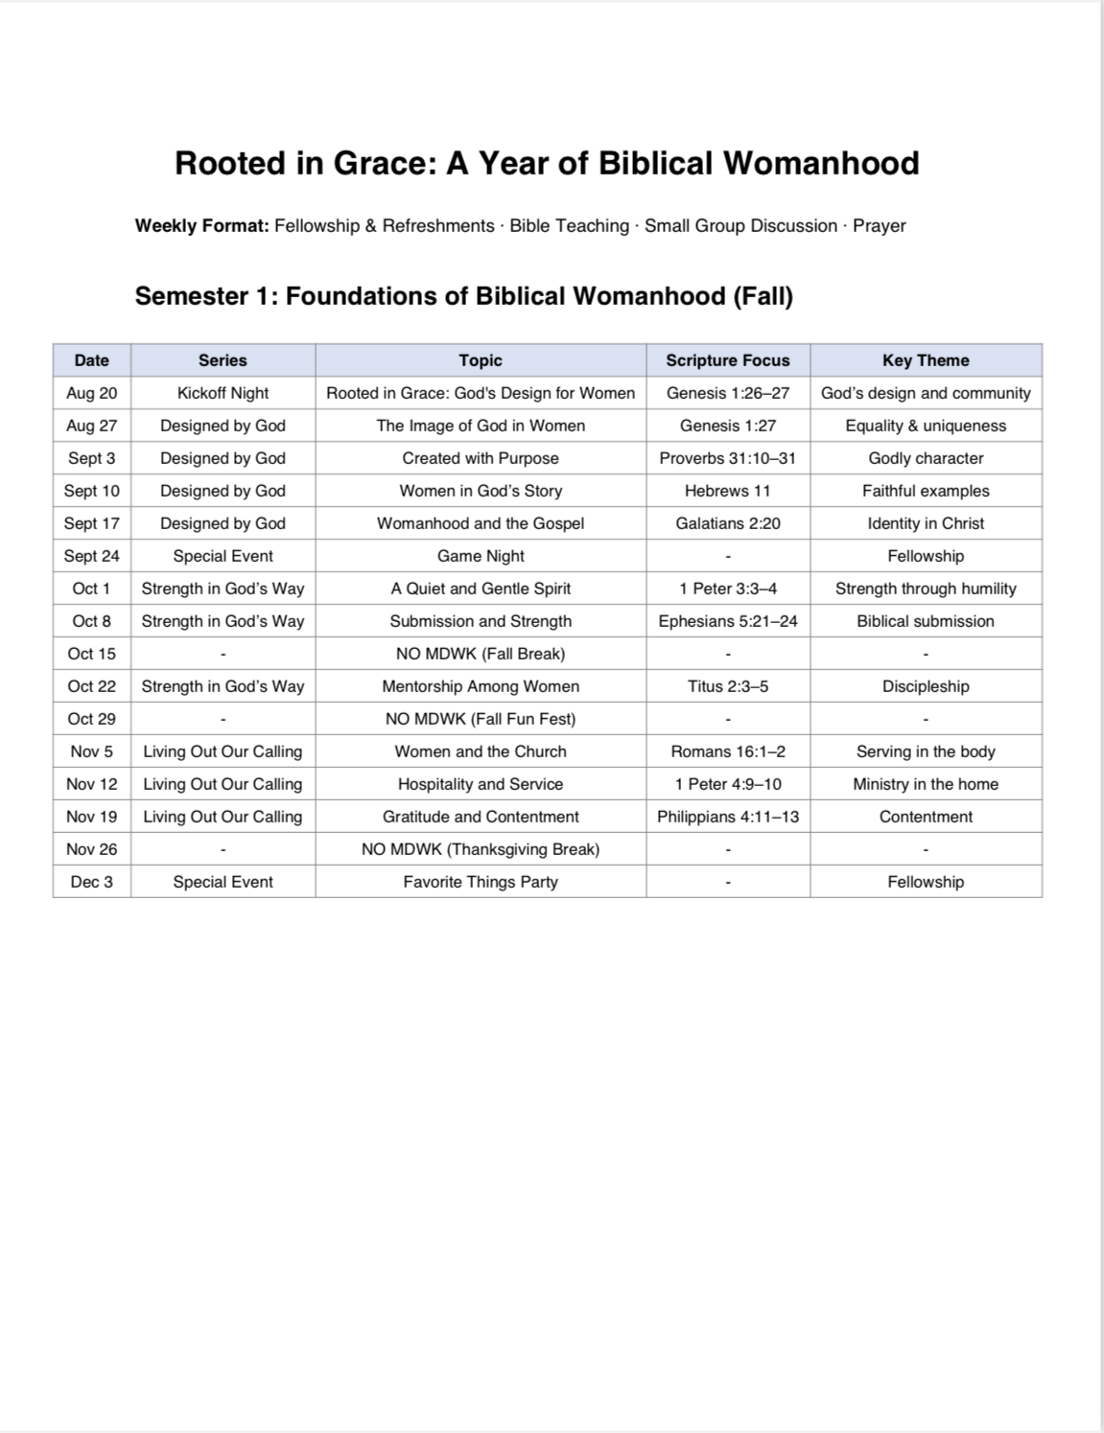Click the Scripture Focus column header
pyautogui.click(x=728, y=360)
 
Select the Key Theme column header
pyautogui.click(x=926, y=360)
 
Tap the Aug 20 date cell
pyautogui.click(x=92, y=393)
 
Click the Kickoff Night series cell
pyautogui.click(x=223, y=393)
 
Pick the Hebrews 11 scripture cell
pyautogui.click(x=728, y=491)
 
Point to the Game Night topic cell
pyautogui.click(x=481, y=556)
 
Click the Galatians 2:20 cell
pyautogui.click(x=728, y=523)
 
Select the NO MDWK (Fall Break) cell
pyautogui.click(x=481, y=654)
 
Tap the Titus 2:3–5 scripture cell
pyautogui.click(x=728, y=686)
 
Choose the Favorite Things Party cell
pyautogui.click(x=481, y=882)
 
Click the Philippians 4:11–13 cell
pyautogui.click(x=728, y=817)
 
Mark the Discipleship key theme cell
pyautogui.click(x=926, y=686)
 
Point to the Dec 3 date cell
pyautogui.click(x=92, y=882)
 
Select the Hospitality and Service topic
pyautogui.click(x=481, y=784)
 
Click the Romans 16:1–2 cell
pyautogui.click(x=728, y=751)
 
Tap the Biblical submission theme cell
pyautogui.click(x=926, y=621)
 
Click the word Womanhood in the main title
pyautogui.click(x=821, y=163)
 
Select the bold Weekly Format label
pyautogui.click(x=201, y=226)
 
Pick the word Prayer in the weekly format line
pyautogui.click(x=879, y=226)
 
